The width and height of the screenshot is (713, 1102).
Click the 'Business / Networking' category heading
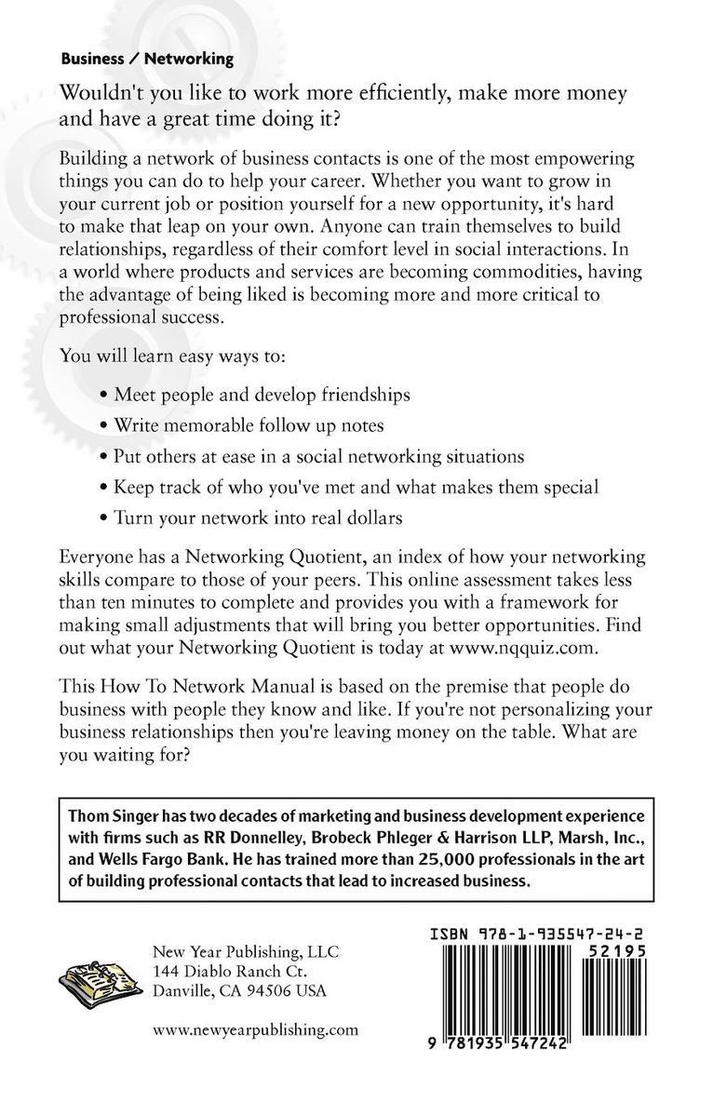point(147,58)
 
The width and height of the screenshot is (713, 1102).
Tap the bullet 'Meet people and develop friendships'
point(262,395)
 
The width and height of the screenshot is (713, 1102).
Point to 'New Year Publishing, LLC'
point(245,952)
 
